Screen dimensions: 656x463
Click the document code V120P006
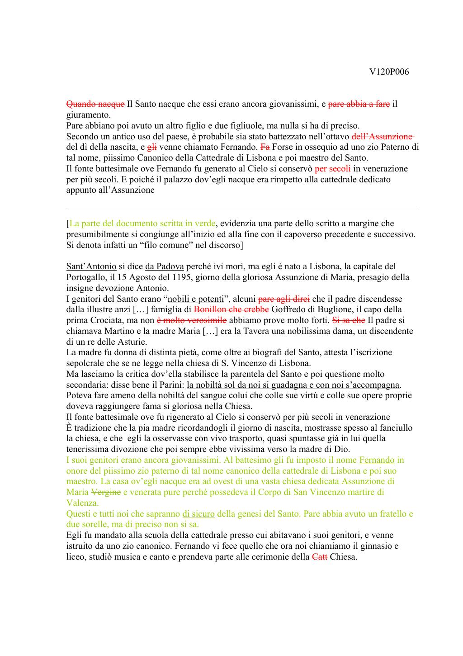click(389, 72)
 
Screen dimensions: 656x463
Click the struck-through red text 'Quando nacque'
click(95, 104)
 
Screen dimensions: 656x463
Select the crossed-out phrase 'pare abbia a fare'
click(359, 104)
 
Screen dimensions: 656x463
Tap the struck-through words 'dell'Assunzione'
click(383, 137)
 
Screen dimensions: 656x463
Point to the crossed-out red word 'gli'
click(152, 147)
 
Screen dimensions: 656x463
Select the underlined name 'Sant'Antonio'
click(91, 266)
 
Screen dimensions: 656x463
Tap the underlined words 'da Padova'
click(164, 266)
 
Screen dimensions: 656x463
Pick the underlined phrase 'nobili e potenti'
click(196, 299)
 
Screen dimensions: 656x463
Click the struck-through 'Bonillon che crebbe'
click(231, 310)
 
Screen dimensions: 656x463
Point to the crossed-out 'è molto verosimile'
click(192, 320)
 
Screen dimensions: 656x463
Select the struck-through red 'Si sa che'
click(349, 320)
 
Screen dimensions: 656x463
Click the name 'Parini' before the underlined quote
click(173, 385)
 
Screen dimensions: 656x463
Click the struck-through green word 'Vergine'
click(106, 492)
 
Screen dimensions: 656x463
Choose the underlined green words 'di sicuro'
click(198, 514)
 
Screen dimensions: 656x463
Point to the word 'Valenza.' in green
click(83, 503)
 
